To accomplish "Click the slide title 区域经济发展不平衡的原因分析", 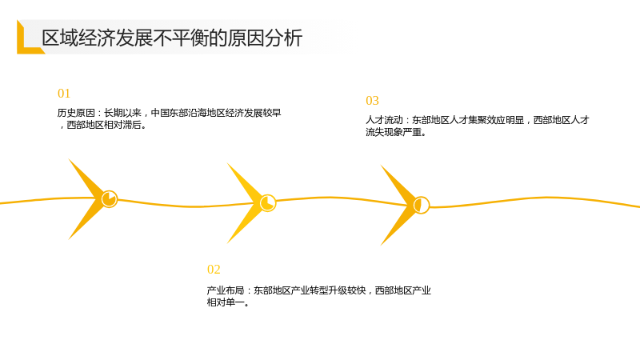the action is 172,38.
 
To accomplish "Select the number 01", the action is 64,94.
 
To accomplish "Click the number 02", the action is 214,270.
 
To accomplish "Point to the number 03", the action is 372,101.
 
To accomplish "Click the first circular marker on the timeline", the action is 110,199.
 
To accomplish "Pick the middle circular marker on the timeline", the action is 268,203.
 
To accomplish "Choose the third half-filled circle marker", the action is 422,205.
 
